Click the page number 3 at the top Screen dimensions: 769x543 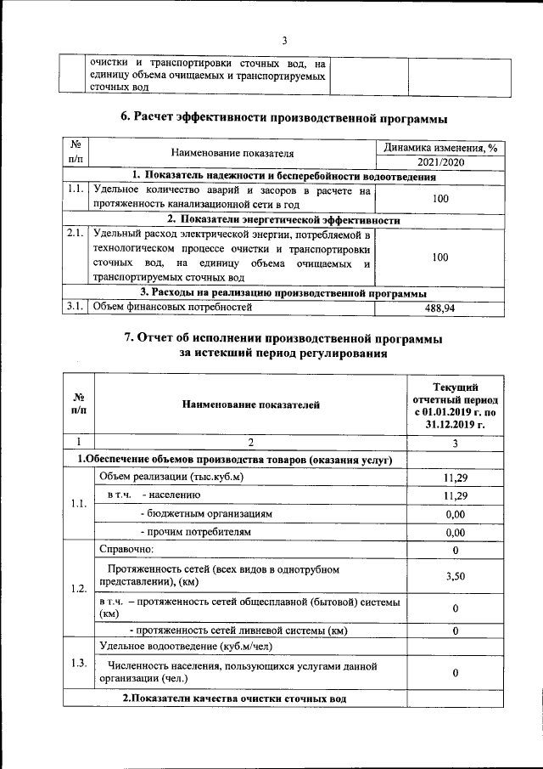pyautogui.click(x=285, y=40)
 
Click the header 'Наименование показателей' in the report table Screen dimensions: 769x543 pyautogui.click(x=251, y=405)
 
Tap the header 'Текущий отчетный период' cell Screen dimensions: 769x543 pyautogui.click(x=456, y=405)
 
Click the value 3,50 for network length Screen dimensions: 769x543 pyautogui.click(x=456, y=576)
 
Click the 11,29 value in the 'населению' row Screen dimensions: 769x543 pyautogui.click(x=456, y=495)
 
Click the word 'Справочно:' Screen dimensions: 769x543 pyautogui.click(x=126, y=550)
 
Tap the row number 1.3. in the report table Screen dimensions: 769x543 pyautogui.click(x=78, y=664)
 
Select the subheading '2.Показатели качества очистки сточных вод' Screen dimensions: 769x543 pyautogui.click(x=234, y=698)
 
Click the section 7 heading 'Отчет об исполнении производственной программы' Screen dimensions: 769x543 pyautogui.click(x=283, y=338)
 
